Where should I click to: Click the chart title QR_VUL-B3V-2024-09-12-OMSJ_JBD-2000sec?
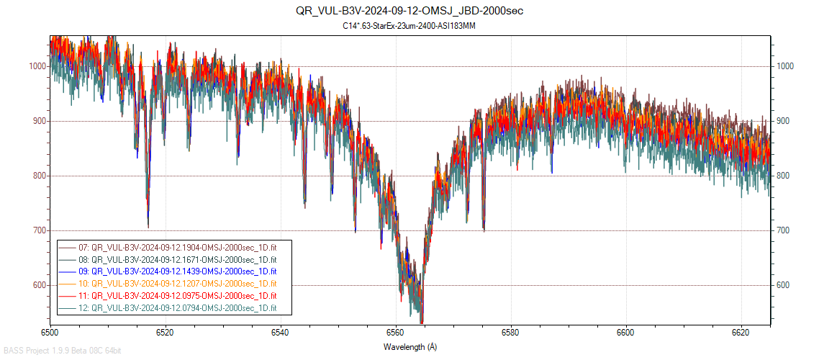pos(409,11)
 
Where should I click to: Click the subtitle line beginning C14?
pos(409,26)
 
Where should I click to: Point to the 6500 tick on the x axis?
pos(50,333)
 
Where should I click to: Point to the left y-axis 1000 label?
pos(37,66)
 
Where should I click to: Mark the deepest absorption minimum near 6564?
pos(422,322)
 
